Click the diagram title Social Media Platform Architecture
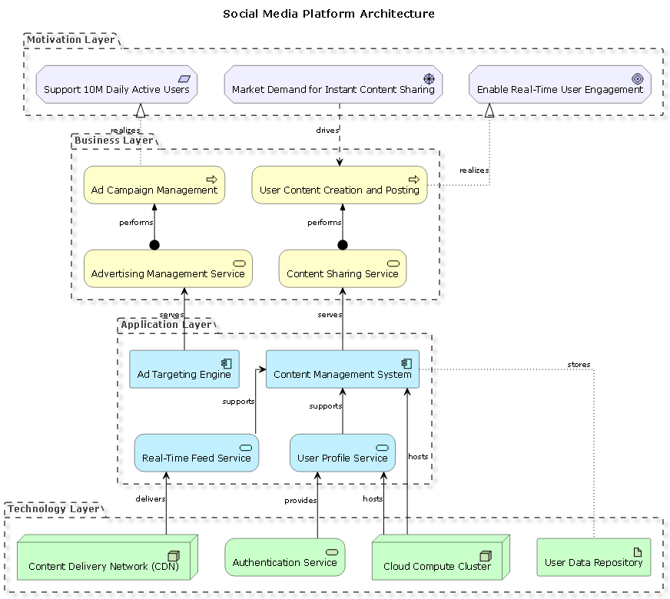click(328, 14)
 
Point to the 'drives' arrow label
click(327, 131)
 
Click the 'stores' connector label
click(579, 364)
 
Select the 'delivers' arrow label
click(151, 499)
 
